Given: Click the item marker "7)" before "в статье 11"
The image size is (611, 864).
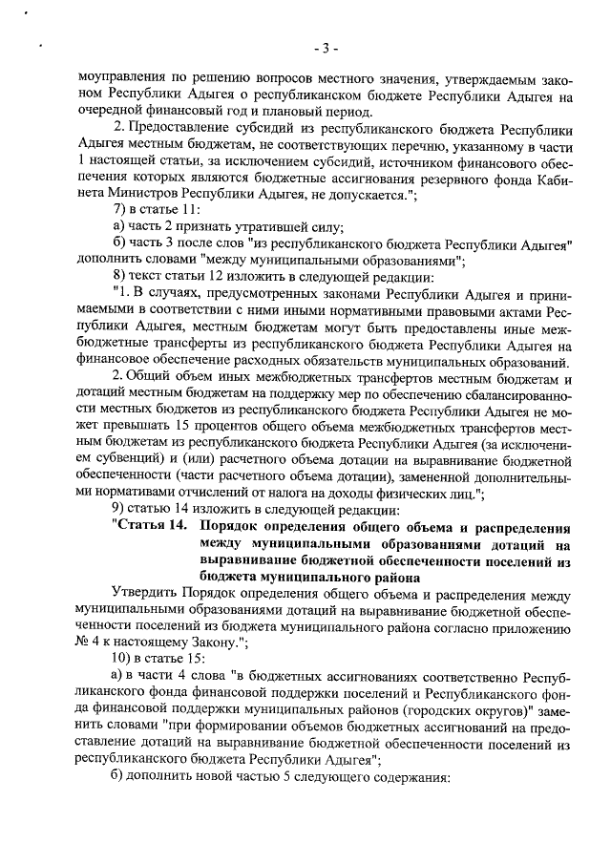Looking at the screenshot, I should [119, 208].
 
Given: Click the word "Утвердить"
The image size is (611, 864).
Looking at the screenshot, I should [146, 592].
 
